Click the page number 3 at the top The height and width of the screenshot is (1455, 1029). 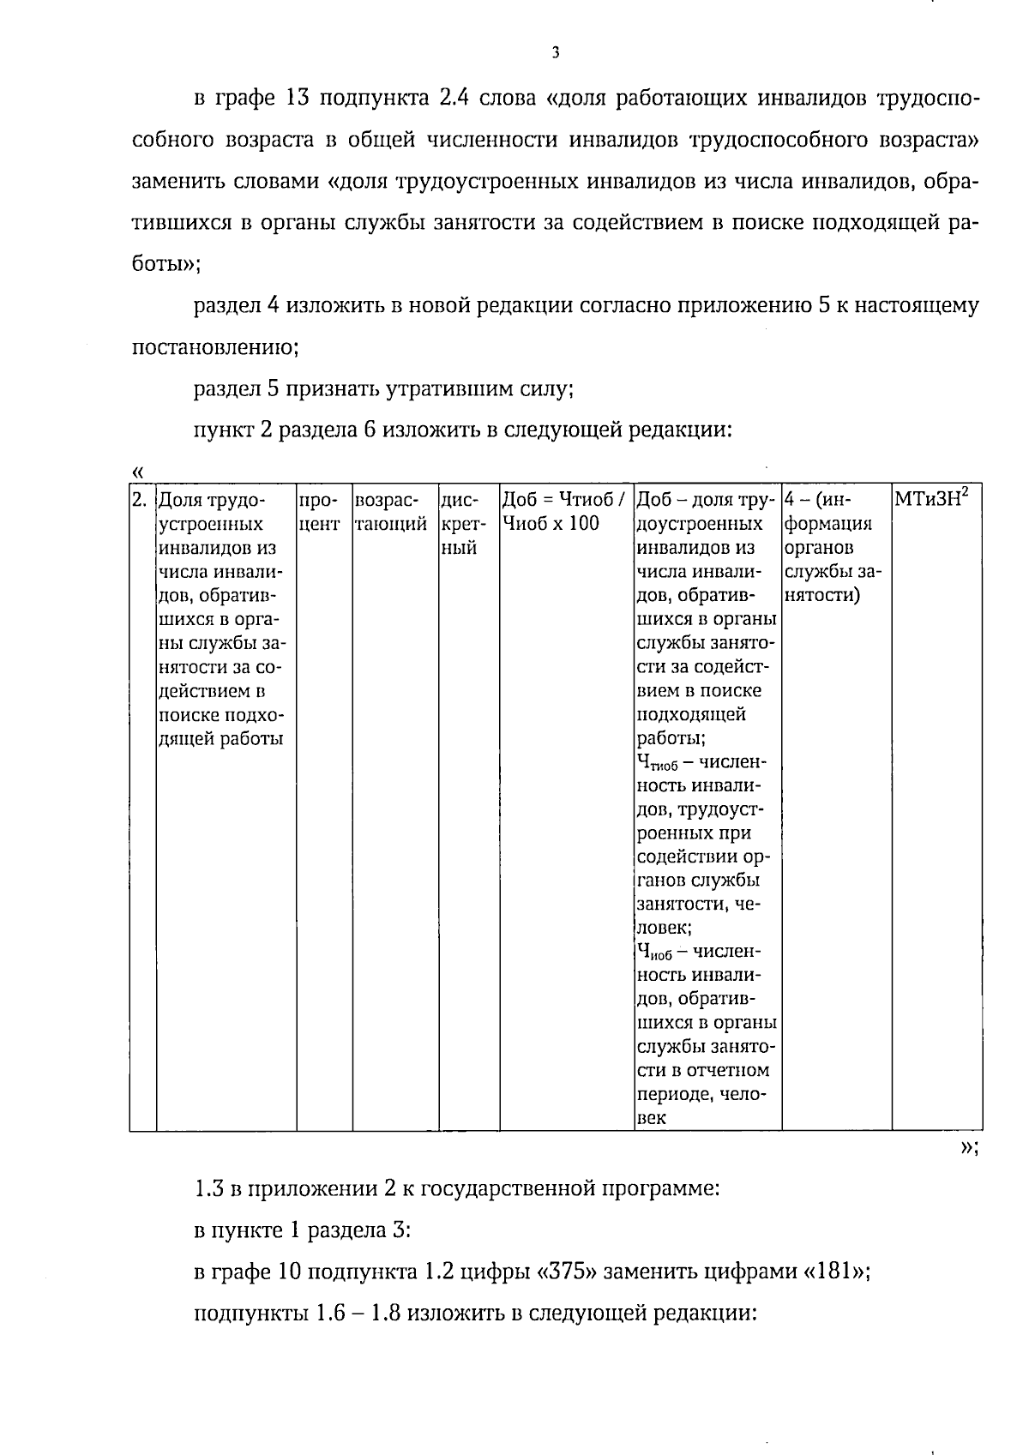555,53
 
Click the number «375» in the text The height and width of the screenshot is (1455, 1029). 566,1272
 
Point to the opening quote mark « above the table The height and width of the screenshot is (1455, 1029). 138,472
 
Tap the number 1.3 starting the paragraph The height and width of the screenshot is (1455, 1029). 208,1189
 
